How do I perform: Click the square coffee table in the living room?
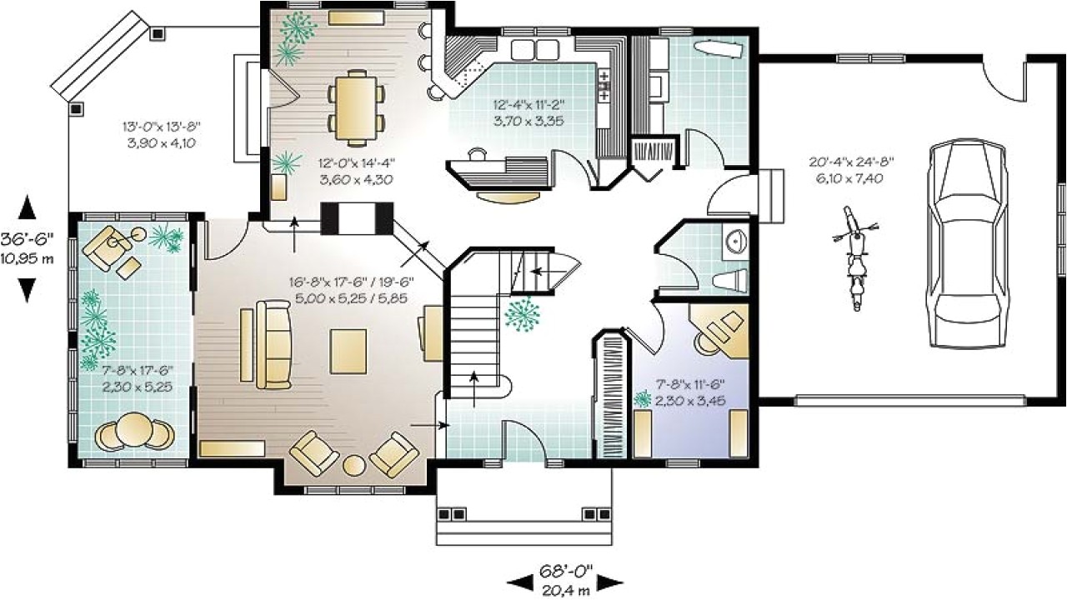(x=348, y=350)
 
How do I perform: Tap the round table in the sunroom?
(x=133, y=430)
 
